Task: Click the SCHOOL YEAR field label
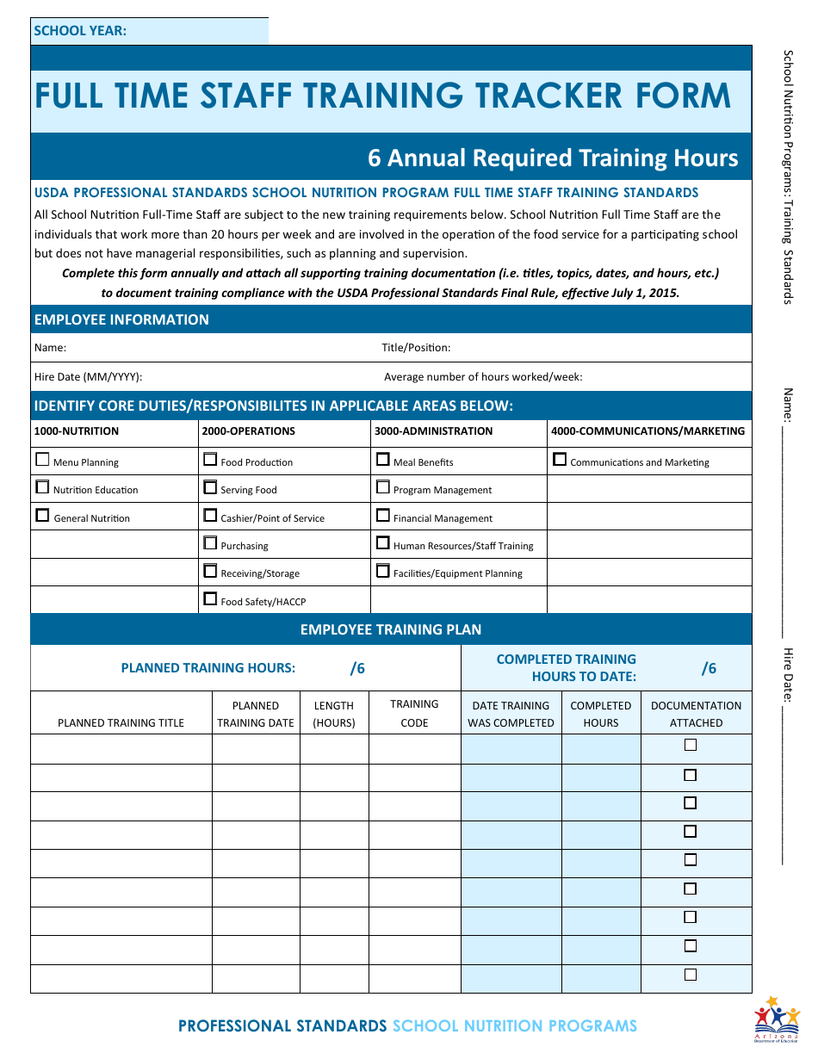[80, 31]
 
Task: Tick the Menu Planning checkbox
[42, 460]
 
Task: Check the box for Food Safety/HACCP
[210, 599]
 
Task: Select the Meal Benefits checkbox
[383, 460]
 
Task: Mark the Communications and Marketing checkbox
[560, 460]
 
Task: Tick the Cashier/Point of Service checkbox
[210, 516]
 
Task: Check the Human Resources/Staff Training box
[383, 543]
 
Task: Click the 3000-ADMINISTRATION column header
[434, 431]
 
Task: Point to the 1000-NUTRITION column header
[77, 431]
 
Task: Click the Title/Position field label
[416, 348]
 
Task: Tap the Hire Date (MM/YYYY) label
[88, 377]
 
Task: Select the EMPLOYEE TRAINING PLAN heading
[391, 629]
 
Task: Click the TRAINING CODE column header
[414, 714]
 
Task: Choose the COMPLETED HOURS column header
[601, 714]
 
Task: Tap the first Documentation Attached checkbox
[691, 746]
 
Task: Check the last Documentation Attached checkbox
[691, 975]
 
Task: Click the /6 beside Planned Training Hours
[357, 668]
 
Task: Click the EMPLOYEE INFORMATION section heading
[121, 319]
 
